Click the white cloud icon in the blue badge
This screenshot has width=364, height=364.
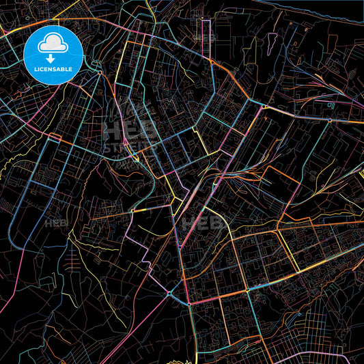53,44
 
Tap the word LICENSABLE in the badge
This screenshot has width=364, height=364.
53,69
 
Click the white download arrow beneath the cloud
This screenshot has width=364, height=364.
53,57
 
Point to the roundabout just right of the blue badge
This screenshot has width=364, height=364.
100,72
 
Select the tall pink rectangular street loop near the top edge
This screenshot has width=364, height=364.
204,31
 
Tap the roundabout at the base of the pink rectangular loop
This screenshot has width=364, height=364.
212,61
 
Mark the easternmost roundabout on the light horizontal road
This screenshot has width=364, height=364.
330,120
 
